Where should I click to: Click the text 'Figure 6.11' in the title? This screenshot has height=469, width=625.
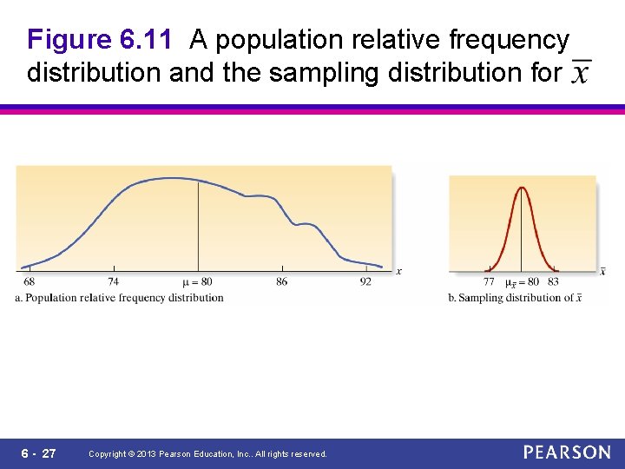pos(104,40)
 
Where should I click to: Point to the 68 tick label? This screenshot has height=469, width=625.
pos(30,282)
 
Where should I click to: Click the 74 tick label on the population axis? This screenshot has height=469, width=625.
pos(114,282)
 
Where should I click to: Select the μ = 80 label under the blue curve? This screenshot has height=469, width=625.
pos(197,282)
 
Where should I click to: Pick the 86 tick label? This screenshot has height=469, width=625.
pos(281,282)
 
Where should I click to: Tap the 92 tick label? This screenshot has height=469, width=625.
pos(365,282)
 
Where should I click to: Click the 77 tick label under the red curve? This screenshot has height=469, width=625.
pos(489,282)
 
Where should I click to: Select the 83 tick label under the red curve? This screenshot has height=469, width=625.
pos(553,282)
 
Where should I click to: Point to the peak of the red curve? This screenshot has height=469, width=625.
pos(522,188)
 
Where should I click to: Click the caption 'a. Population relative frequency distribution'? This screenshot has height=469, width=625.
pos(120,298)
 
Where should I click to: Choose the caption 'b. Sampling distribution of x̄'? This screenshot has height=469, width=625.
pos(515,298)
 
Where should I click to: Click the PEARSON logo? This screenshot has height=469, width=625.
pos(567,452)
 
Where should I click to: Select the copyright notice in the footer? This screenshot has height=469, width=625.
pos(207,454)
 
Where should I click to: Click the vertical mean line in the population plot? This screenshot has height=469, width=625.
pos(198,226)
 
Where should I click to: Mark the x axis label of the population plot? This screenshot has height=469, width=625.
pos(398,272)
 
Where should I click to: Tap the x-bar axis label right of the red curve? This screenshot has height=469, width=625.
pos(602,271)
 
